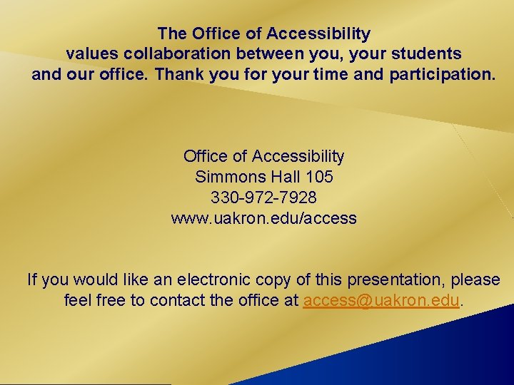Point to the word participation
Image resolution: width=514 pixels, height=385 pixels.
click(441, 73)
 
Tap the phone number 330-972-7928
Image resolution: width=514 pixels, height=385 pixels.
click(263, 197)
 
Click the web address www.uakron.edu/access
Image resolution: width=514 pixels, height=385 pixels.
click(263, 218)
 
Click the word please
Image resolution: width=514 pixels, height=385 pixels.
click(478, 279)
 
